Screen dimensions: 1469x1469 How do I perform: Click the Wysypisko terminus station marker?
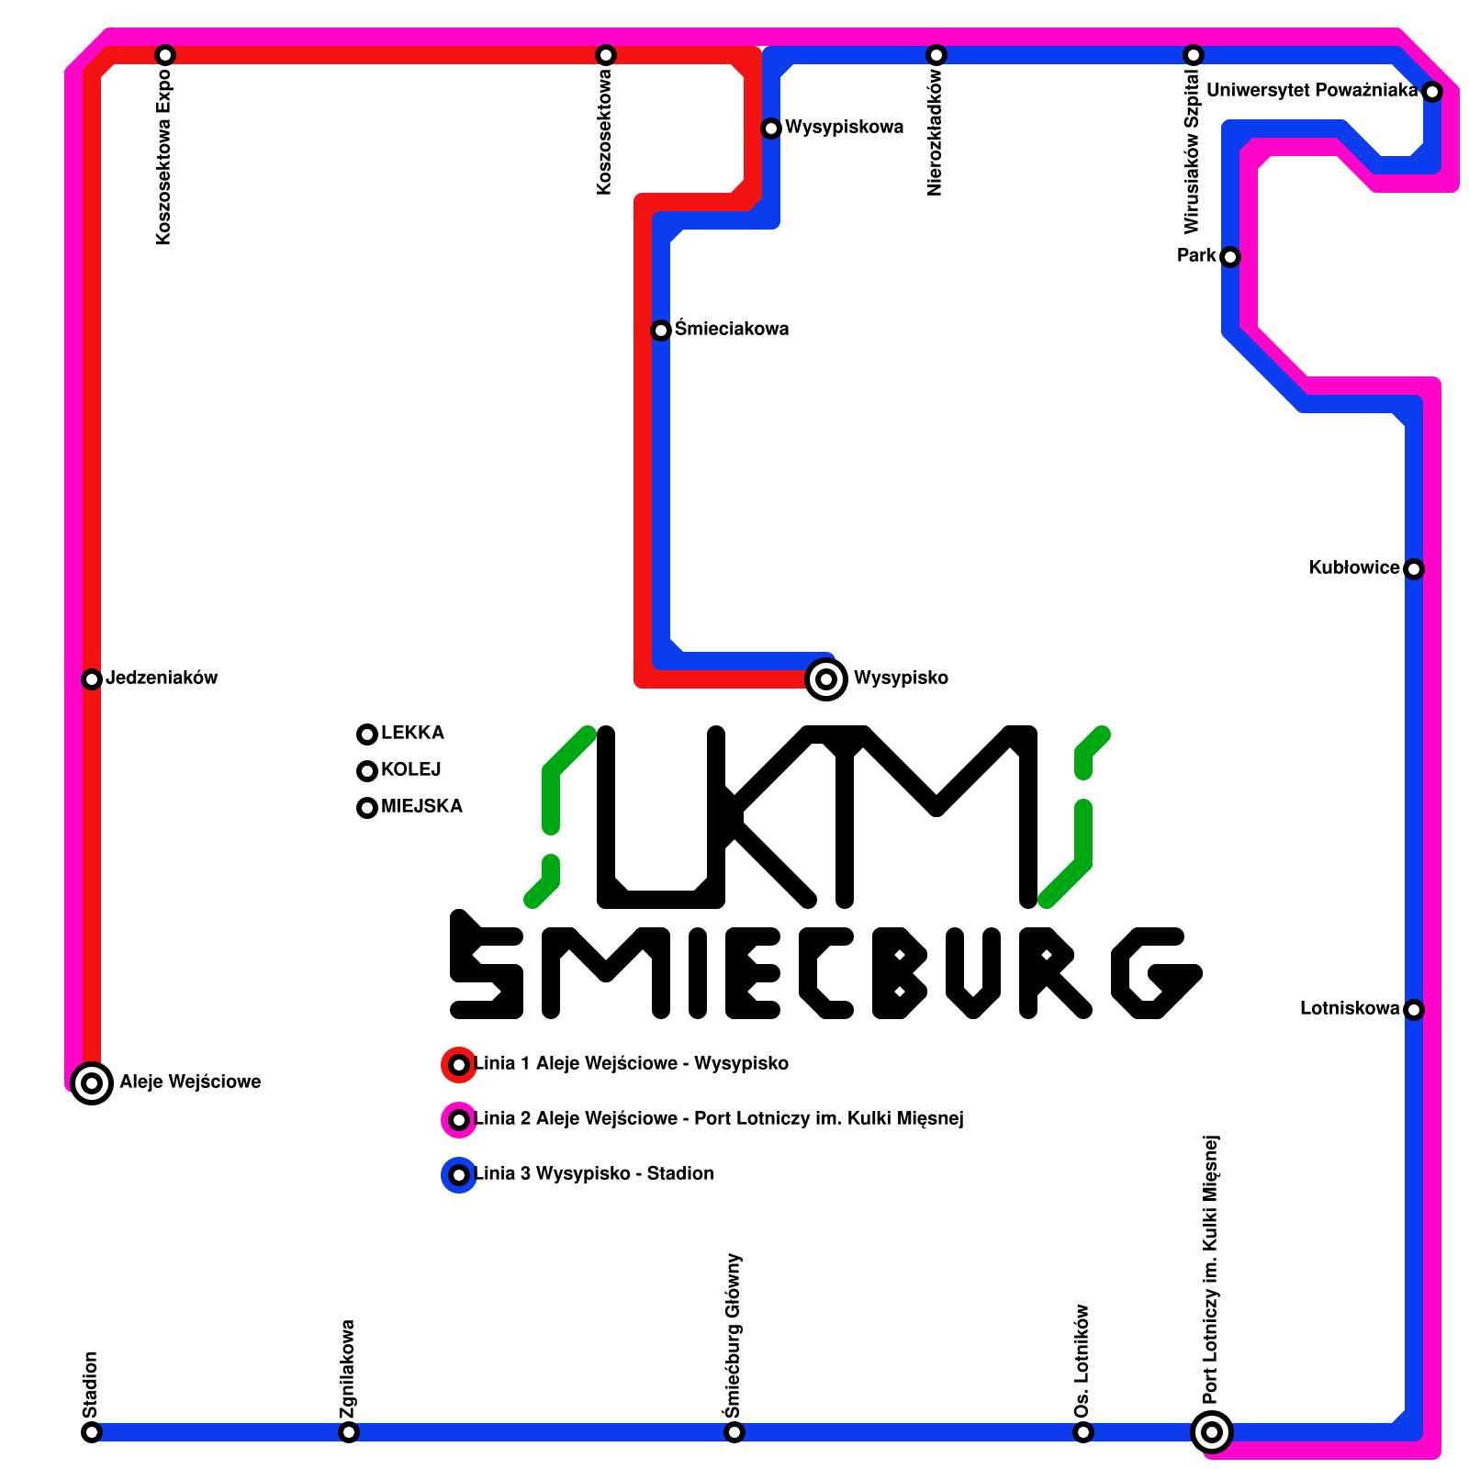click(x=826, y=679)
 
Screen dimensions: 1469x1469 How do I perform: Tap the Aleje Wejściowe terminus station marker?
click(x=92, y=1083)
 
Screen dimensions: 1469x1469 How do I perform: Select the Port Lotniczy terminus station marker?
click(x=1212, y=1431)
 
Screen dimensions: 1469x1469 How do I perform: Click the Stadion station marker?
click(x=92, y=1432)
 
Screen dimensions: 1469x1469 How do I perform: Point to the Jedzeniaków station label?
click(x=162, y=678)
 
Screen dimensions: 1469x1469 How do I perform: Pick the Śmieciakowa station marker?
click(x=661, y=331)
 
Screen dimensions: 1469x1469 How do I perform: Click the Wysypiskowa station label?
click(x=844, y=128)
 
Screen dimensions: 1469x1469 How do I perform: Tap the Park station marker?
click(x=1230, y=257)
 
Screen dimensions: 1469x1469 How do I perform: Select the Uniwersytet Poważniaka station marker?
click(x=1432, y=92)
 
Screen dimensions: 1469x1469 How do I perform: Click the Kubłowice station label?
click(x=1354, y=568)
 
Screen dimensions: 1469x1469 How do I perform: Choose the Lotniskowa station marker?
click(x=1414, y=1010)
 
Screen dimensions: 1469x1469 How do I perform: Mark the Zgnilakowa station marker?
click(x=349, y=1432)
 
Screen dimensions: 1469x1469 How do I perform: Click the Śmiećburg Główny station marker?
click(x=734, y=1432)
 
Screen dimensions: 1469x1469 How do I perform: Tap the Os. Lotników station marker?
click(x=1083, y=1432)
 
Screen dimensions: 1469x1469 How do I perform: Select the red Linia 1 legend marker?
click(x=459, y=1065)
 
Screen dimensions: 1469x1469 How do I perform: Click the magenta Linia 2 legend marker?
click(x=459, y=1120)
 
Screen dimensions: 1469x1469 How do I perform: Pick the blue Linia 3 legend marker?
click(x=459, y=1175)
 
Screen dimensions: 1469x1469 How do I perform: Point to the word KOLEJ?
click(x=410, y=770)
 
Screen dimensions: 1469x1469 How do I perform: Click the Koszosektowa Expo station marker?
click(x=165, y=55)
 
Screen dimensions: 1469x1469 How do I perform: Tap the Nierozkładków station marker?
click(x=936, y=55)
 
